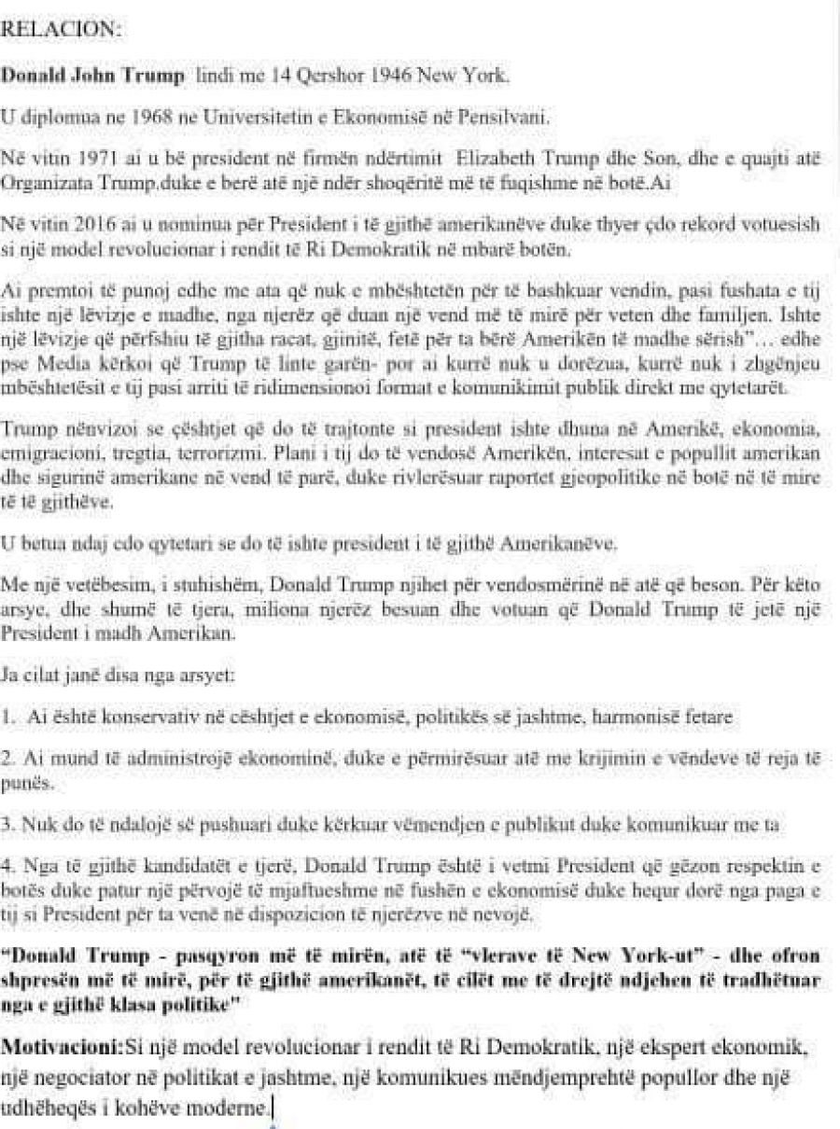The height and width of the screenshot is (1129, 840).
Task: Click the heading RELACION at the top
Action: tap(62, 29)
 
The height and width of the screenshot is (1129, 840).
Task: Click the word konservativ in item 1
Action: tap(141, 718)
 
